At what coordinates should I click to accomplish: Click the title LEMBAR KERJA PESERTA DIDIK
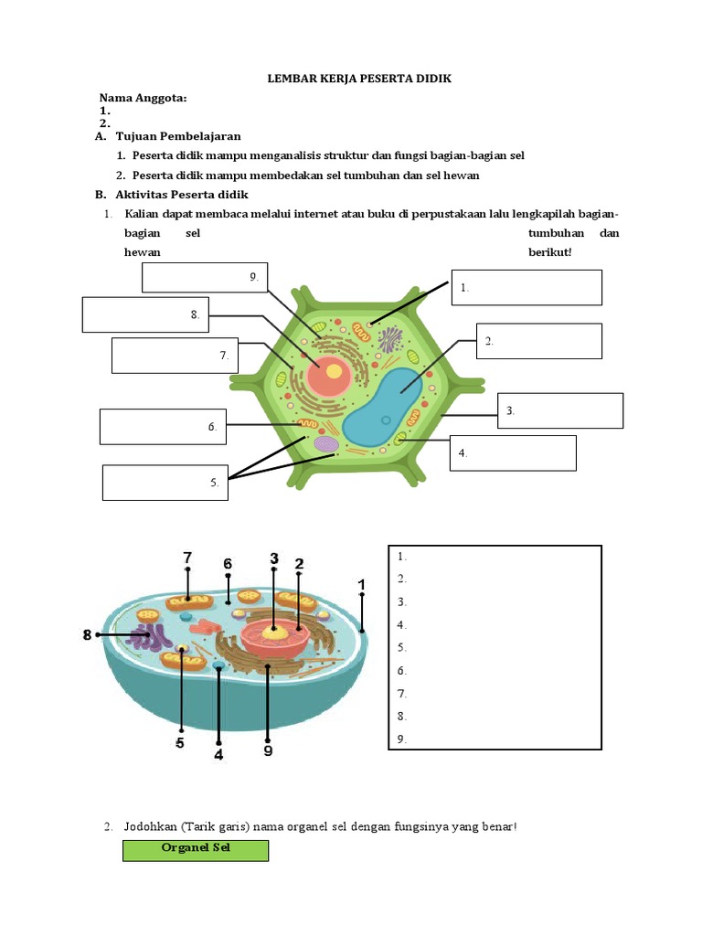(x=359, y=79)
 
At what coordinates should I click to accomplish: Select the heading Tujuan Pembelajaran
(x=177, y=136)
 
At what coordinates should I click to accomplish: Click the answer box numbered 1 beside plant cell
(x=526, y=287)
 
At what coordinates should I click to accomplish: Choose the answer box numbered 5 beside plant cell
(x=165, y=483)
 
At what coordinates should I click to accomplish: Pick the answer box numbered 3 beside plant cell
(x=560, y=410)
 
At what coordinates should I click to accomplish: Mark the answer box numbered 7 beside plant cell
(x=175, y=356)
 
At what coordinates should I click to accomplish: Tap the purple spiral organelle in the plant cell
(x=326, y=444)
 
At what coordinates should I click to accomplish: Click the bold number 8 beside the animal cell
(x=88, y=634)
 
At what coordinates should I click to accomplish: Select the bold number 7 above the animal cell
(x=187, y=557)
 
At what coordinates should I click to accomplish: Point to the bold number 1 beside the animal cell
(x=362, y=584)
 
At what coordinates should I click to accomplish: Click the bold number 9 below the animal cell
(x=267, y=751)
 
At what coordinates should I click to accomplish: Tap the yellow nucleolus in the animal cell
(x=273, y=630)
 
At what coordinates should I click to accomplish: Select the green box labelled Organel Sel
(x=196, y=850)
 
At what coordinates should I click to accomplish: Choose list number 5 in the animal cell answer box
(x=402, y=647)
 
